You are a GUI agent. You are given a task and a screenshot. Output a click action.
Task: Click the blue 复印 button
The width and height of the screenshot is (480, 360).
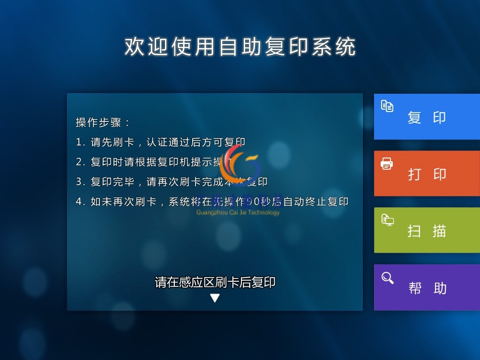427,117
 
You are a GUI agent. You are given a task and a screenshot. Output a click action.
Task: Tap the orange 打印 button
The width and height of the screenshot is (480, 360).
427,173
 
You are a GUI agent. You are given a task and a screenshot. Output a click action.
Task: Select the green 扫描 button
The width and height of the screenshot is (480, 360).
427,230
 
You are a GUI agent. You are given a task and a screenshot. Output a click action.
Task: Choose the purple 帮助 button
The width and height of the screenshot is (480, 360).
427,287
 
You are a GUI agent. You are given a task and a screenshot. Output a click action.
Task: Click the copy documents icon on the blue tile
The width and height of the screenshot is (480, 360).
387,106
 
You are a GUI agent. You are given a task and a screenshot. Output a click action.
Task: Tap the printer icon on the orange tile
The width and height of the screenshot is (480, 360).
387,164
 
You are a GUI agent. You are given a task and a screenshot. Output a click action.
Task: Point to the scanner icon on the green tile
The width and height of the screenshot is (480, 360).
387,220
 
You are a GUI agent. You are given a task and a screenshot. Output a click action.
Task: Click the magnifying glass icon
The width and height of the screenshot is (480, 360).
387,278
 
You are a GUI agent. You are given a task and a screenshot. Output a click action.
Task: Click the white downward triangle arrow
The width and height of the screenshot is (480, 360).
215,298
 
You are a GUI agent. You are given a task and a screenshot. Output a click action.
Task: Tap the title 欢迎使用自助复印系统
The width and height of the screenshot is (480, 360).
240,47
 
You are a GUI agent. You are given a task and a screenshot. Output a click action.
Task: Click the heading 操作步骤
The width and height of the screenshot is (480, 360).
102,123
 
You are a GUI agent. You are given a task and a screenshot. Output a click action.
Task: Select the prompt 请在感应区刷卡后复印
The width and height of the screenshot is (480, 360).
215,282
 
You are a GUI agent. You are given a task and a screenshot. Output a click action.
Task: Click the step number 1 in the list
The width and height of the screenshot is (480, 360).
79,142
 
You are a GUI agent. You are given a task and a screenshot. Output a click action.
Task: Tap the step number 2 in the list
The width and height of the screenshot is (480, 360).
79,162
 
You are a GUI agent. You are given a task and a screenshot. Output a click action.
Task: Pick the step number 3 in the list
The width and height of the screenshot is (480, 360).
79,182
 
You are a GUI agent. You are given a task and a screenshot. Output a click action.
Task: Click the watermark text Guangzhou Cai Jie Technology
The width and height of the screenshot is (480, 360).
238,212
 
